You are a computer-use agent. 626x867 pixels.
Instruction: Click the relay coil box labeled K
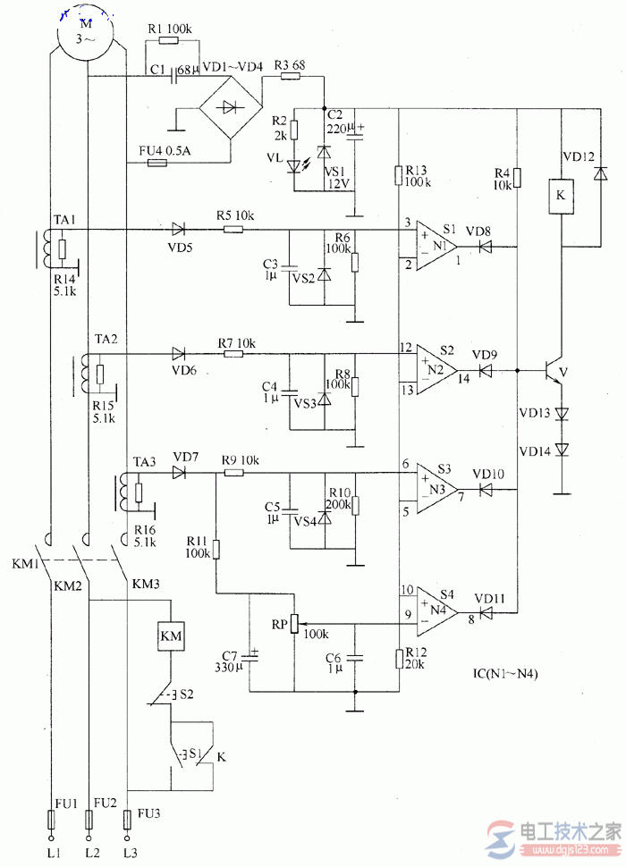[x=561, y=196]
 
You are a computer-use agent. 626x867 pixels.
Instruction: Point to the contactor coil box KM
[x=170, y=637]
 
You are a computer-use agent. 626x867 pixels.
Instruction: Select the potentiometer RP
[x=293, y=624]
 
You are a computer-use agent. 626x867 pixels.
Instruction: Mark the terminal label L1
[x=52, y=854]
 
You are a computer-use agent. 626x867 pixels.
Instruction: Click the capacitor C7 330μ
[x=250, y=659]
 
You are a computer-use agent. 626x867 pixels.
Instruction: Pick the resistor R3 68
[x=290, y=77]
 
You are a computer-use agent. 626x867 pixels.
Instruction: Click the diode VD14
[x=562, y=450]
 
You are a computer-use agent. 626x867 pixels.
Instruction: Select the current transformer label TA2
[x=106, y=341]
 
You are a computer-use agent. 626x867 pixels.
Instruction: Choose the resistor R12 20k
[x=398, y=659]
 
